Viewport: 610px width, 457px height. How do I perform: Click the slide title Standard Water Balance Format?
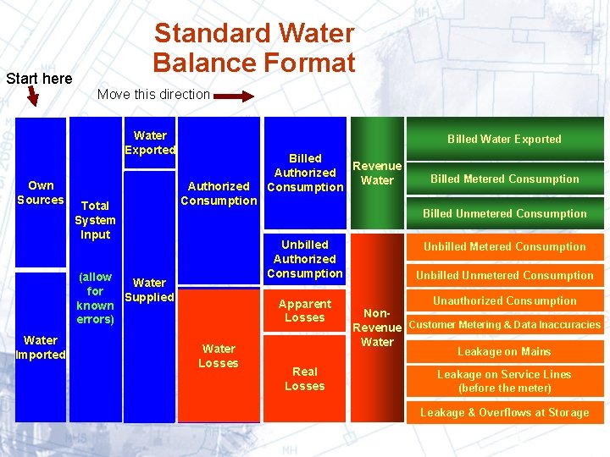coord(253,48)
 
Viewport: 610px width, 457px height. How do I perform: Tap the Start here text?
coord(39,79)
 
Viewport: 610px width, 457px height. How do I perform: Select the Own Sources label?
coord(41,192)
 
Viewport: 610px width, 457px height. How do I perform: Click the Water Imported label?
coord(41,347)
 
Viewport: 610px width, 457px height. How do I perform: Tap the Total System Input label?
coord(95,219)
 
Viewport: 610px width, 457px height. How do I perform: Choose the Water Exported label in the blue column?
coord(150,142)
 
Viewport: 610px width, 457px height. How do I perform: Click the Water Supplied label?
coord(149,289)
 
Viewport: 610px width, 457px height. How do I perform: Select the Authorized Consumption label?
coord(219,193)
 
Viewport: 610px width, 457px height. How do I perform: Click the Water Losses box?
coord(219,355)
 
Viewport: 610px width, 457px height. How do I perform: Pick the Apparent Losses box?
coord(305,311)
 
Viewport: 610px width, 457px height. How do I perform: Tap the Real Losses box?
coord(305,378)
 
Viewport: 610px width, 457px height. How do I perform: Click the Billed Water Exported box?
coord(504,139)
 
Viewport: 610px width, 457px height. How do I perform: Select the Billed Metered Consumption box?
coord(504,179)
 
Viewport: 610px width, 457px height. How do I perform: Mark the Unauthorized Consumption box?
coord(504,300)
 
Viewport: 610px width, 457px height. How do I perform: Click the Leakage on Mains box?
coord(504,351)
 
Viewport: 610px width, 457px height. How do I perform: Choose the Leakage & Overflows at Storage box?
coord(504,412)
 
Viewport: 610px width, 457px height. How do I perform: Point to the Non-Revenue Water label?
coord(377,327)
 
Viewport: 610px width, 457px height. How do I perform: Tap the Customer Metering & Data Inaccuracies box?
coord(504,324)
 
